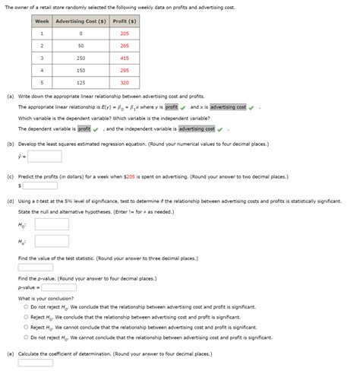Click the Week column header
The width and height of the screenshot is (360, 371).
[x=42, y=21]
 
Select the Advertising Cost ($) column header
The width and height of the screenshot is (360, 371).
[x=81, y=21]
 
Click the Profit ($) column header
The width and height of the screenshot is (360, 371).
[x=125, y=21]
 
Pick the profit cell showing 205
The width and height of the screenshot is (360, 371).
[x=125, y=33]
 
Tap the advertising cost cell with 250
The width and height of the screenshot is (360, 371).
[x=81, y=58]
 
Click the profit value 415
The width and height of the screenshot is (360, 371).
[x=125, y=58]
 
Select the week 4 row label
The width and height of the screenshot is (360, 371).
[x=42, y=70]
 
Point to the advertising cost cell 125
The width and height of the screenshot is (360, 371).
[x=81, y=82]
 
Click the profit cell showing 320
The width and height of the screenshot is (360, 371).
[x=125, y=82]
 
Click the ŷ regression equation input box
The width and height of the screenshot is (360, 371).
[x=39, y=156]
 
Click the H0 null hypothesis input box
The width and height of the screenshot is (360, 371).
[x=52, y=225]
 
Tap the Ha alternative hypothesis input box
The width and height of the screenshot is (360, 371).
[x=52, y=241]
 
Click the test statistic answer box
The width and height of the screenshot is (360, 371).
[x=36, y=267]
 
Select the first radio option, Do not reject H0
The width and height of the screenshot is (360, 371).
[x=25, y=307]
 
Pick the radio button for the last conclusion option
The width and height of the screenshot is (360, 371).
[x=25, y=337]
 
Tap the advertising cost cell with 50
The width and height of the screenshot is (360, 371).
[x=81, y=46]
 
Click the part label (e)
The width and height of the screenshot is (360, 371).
[x=10, y=354]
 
